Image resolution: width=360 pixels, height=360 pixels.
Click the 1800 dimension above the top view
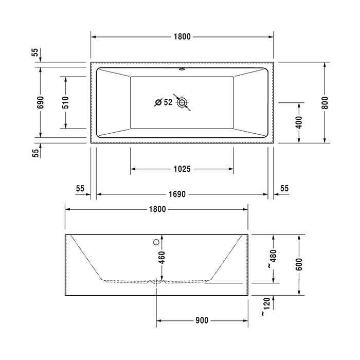[x=182, y=37]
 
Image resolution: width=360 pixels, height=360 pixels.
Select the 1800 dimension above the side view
[x=157, y=209]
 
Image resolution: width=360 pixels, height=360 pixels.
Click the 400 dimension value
[x=299, y=122]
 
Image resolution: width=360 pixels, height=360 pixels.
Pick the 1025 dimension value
[x=182, y=169]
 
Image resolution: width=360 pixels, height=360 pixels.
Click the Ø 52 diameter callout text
[x=163, y=102]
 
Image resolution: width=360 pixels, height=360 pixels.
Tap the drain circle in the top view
[x=182, y=103]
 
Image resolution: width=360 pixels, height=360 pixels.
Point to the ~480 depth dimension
[x=273, y=258]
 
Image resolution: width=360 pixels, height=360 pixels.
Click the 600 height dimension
[x=299, y=264]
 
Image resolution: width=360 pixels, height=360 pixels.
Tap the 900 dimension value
[x=202, y=320]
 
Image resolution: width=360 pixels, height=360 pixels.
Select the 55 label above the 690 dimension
[x=34, y=52]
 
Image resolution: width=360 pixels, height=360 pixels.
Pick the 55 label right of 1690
[x=284, y=188]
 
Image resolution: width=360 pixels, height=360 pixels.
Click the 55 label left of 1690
[x=80, y=188]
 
